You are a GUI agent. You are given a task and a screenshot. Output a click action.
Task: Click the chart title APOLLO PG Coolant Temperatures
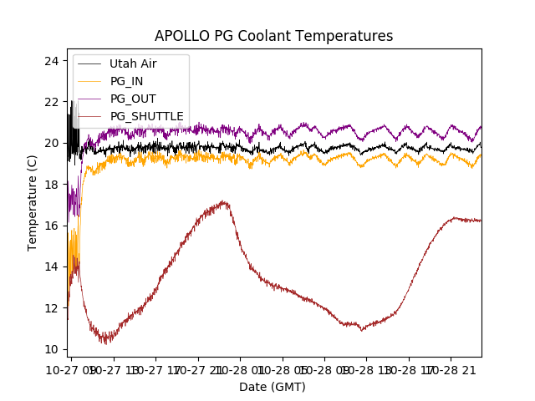273,36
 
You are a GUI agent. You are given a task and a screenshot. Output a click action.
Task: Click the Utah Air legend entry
133,63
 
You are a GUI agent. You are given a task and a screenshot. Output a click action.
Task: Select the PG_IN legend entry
126,81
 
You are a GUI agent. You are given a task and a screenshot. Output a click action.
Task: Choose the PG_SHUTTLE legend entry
147,115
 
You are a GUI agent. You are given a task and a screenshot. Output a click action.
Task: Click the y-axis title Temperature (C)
33,202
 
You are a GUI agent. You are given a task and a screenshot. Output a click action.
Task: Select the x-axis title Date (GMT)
273,387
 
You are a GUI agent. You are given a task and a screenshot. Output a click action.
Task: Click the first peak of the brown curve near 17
223,201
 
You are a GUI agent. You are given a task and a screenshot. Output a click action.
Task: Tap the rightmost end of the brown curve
481,221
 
